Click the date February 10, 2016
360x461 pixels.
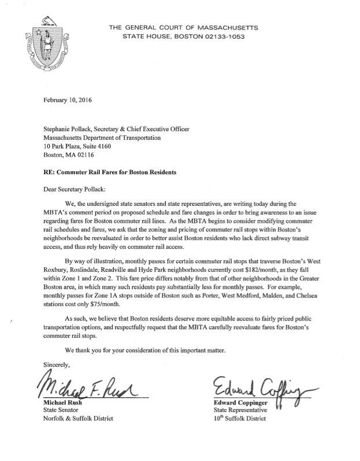[69, 99]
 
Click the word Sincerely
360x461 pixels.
[56, 364]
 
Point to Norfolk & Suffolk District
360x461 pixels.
[79, 418]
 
